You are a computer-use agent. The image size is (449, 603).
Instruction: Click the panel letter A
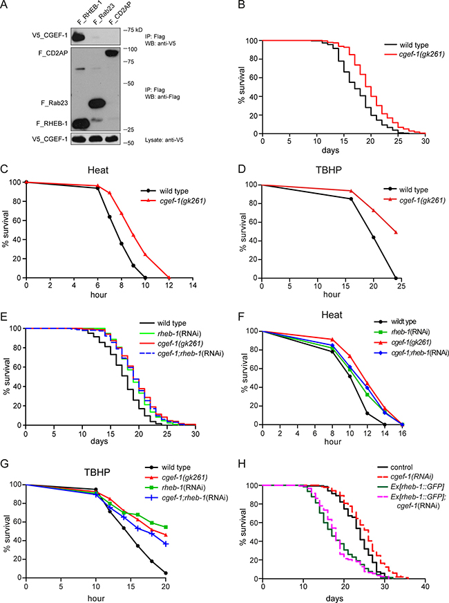click(8, 8)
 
